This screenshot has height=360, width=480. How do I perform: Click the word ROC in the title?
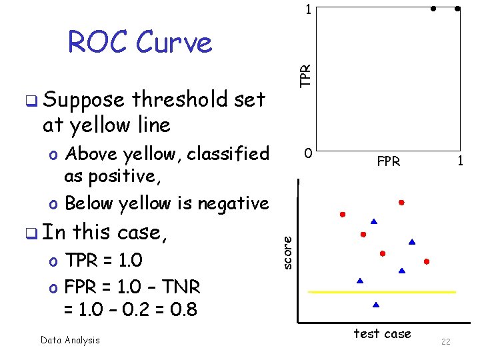97,43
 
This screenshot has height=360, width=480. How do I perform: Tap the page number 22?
446,342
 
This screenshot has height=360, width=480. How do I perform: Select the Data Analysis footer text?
70,340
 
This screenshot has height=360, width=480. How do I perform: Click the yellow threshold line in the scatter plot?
382,292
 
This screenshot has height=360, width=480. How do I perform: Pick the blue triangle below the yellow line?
376,305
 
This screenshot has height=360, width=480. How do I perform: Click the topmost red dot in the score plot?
401,201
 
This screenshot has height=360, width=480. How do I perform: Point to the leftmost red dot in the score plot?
343,215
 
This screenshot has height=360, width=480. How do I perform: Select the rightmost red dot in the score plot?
427,261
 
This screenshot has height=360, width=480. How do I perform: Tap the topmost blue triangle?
374,221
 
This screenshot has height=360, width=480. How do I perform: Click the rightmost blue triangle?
412,241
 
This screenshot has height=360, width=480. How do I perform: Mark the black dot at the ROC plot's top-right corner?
457,9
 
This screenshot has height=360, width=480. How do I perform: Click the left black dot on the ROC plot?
433,9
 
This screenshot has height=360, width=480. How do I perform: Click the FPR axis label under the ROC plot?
389,161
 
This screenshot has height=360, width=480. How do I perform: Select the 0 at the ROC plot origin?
307,154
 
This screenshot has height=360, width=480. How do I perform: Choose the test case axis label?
382,333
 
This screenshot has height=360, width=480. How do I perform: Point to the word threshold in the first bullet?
179,100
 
